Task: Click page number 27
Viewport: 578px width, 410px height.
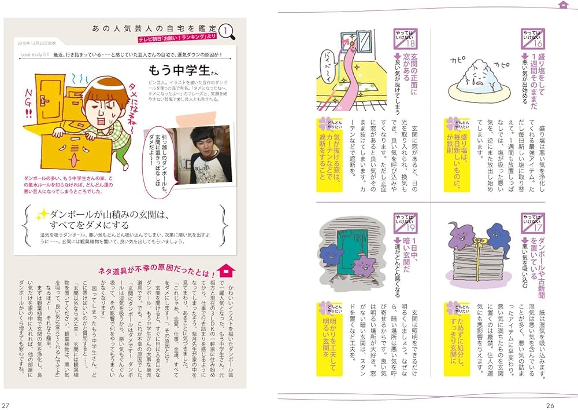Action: pos(6,404)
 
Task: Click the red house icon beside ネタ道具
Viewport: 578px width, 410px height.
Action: pos(229,271)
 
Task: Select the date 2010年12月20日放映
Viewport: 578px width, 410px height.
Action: pos(36,43)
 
